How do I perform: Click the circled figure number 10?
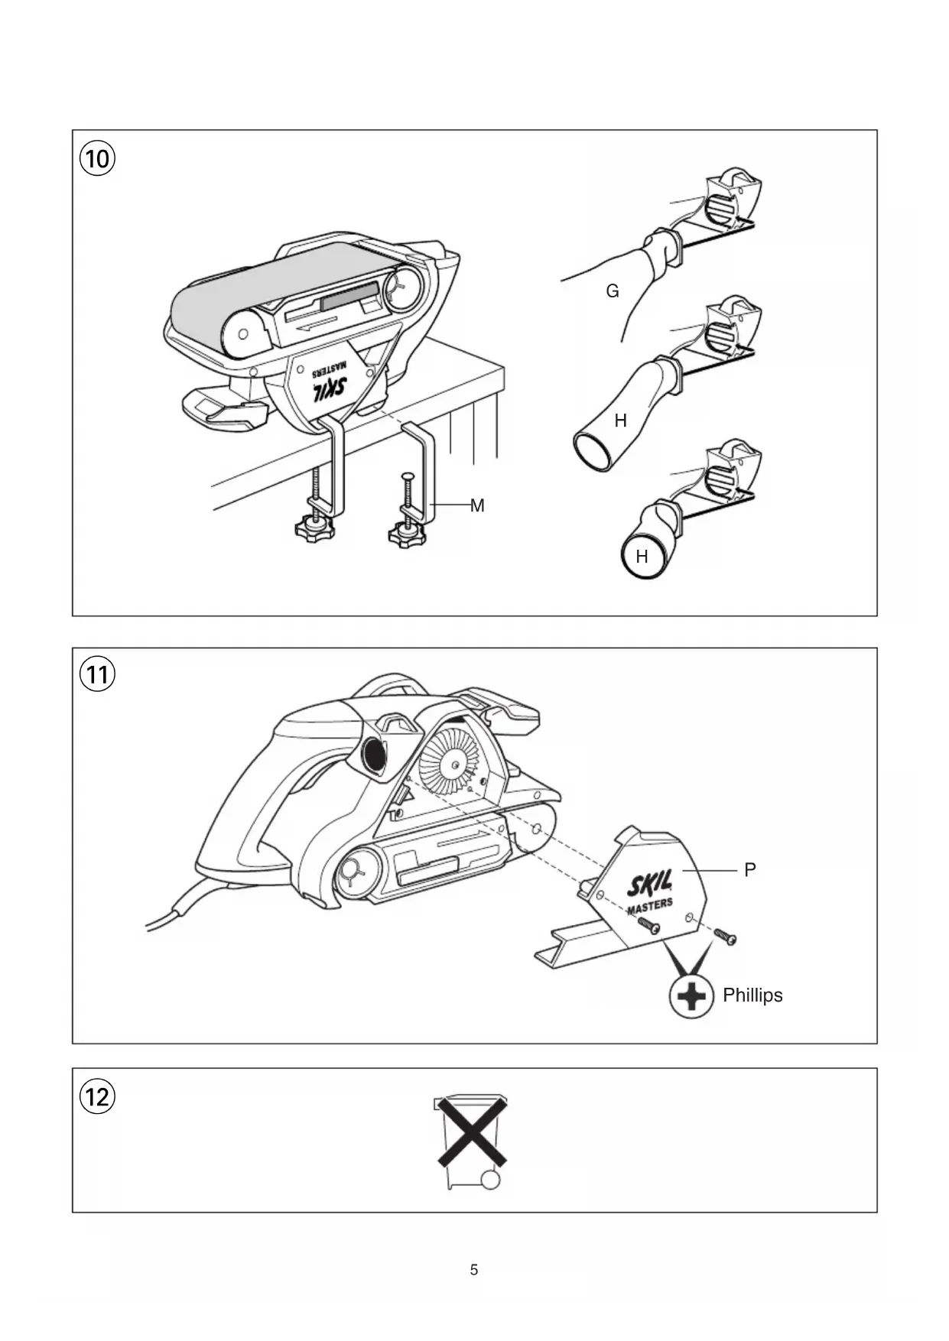[97, 159]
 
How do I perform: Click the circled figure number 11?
[97, 674]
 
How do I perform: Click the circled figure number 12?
[97, 1097]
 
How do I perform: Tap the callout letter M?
[477, 505]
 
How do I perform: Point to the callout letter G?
[612, 291]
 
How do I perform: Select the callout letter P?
[749, 870]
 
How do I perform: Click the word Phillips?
[752, 995]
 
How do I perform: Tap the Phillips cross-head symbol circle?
[691, 996]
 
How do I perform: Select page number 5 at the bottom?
[474, 1270]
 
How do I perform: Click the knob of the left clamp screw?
[315, 528]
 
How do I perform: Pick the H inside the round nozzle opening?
[642, 557]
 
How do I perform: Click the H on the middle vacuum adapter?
[620, 420]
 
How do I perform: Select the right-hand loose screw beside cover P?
[725, 937]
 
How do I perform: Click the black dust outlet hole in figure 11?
[375, 756]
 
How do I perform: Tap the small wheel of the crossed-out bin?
[491, 1179]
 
